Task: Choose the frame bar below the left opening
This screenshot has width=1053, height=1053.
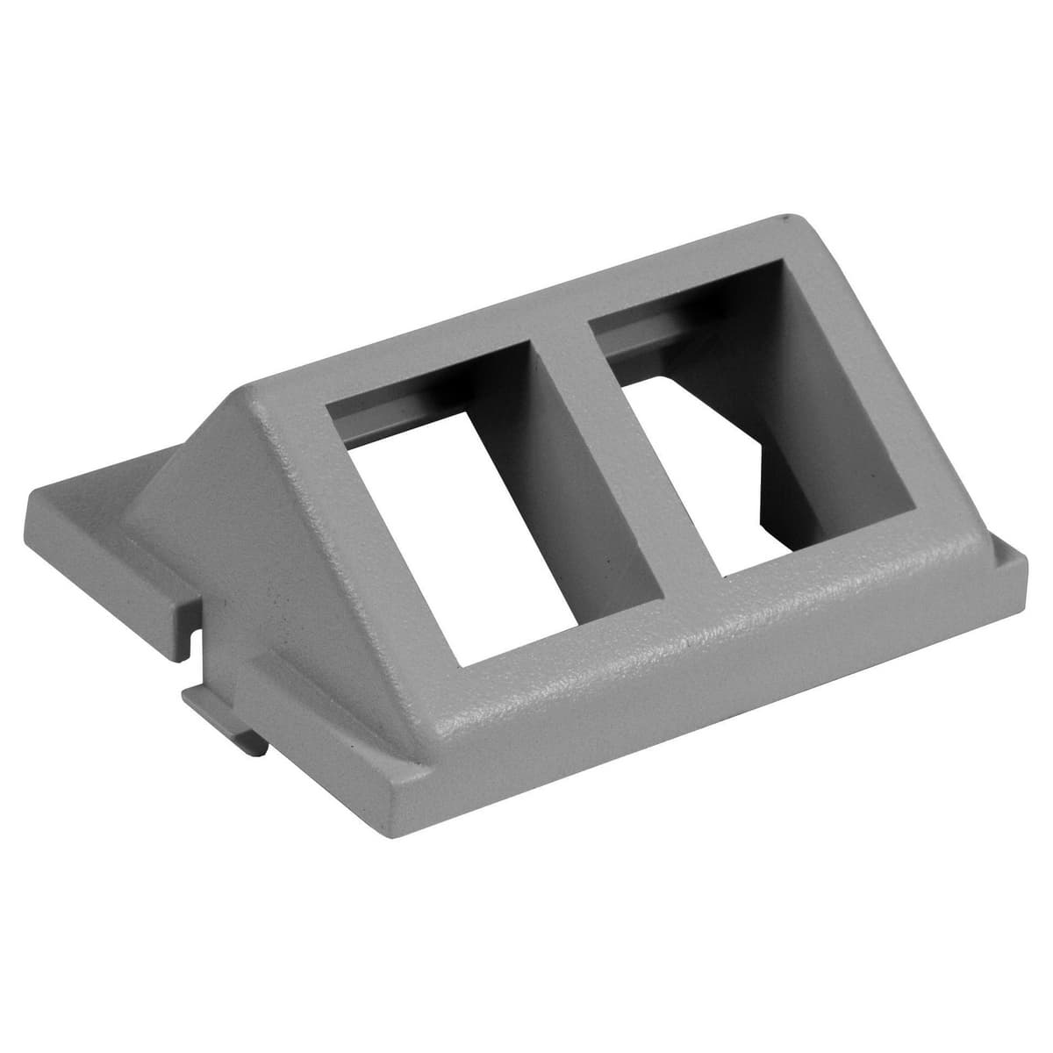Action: pyautogui.click(x=544, y=676)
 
